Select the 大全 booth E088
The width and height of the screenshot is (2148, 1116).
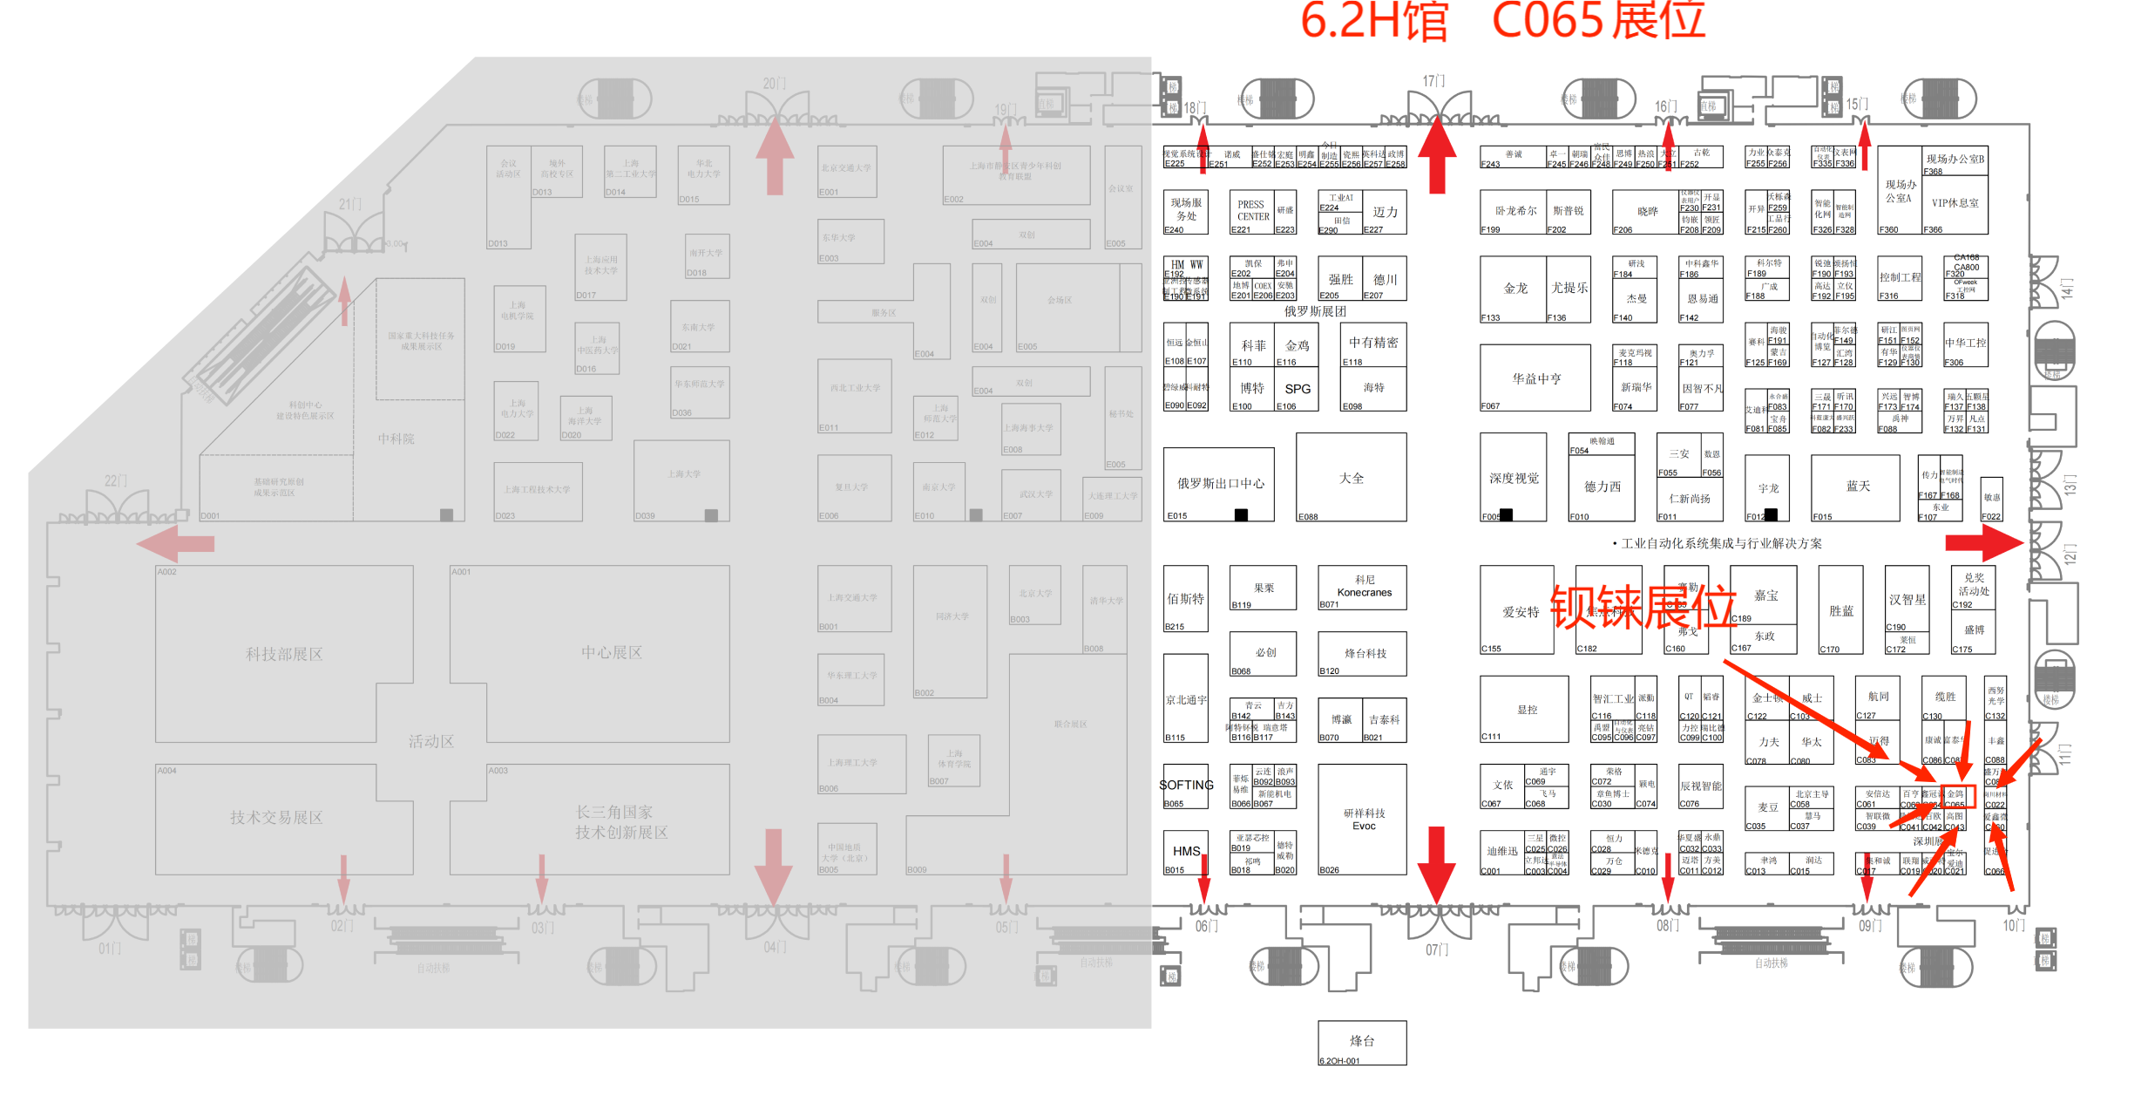coord(1351,478)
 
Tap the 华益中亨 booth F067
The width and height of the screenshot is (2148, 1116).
coord(1535,378)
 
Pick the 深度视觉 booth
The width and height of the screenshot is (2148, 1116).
coord(1513,478)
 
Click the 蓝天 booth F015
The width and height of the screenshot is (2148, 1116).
coord(1857,486)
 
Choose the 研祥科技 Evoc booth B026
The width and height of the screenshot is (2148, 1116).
coord(1362,820)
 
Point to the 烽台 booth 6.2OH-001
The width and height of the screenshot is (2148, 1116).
coord(1361,1041)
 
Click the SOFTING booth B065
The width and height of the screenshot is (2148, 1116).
coord(1185,786)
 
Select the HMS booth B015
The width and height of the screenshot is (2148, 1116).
coord(1185,851)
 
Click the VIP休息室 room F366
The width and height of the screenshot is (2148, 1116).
coord(1955,203)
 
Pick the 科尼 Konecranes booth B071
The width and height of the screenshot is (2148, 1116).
coord(1364,587)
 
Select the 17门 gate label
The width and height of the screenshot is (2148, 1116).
coord(1433,81)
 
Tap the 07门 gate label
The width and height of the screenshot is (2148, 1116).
coord(1436,949)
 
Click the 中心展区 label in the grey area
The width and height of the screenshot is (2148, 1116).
coord(611,652)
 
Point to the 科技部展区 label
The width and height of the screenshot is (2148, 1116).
coord(284,654)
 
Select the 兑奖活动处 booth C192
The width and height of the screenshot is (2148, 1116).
coord(1973,585)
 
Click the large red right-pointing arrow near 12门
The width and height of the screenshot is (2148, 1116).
coord(1982,543)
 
